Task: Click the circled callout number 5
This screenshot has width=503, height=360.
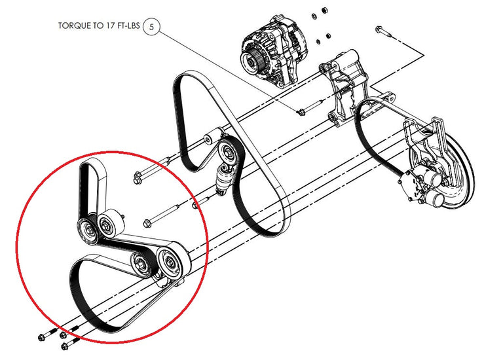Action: click(151, 27)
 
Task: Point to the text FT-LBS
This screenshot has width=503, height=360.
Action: click(128, 26)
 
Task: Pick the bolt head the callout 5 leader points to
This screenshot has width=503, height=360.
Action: click(301, 112)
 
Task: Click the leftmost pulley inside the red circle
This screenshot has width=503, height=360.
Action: click(88, 231)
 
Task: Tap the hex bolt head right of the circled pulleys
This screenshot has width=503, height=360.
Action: click(147, 223)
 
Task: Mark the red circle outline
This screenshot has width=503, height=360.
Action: click(112, 247)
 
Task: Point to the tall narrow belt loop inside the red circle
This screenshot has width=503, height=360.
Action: click(92, 189)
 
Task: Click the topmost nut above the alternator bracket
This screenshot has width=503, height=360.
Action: click(324, 10)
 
